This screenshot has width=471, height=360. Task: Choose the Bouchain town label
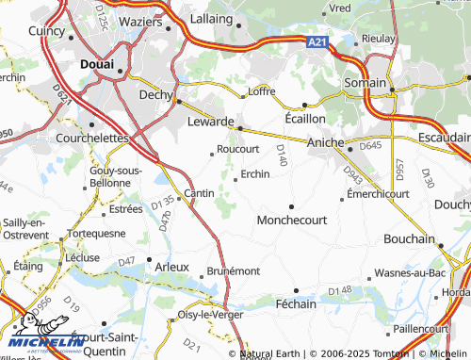click(408, 239)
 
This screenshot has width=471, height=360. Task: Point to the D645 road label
click(370, 145)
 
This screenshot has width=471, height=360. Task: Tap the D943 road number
click(352, 174)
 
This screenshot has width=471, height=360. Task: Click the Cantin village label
click(199, 193)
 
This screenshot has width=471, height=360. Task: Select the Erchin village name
click(255, 173)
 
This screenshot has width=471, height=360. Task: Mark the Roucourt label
click(237, 149)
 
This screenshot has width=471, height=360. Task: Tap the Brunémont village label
click(233, 270)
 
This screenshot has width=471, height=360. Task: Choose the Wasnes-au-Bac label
click(410, 272)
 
